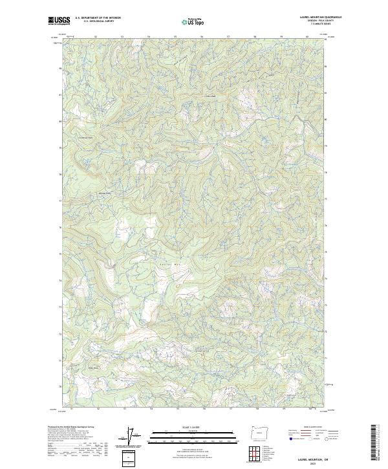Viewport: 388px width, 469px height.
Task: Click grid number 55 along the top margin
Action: click(177, 36)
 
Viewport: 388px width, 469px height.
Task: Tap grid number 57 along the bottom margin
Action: click(230, 409)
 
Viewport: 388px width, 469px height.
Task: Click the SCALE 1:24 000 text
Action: click(187, 427)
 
